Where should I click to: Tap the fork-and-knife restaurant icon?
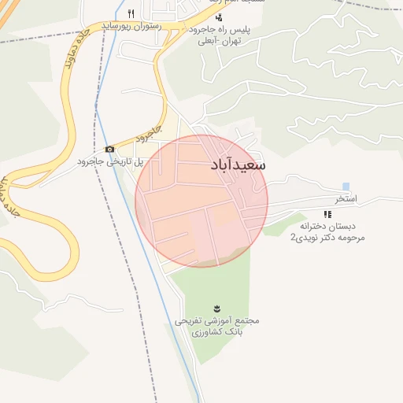[x=131, y=13]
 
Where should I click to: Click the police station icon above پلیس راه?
[x=219, y=17]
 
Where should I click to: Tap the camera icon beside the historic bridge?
[x=109, y=150]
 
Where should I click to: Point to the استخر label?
[x=346, y=199]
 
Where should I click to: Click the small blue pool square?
[x=346, y=186]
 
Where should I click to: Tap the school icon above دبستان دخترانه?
[x=327, y=214]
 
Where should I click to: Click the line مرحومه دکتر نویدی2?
[x=328, y=237]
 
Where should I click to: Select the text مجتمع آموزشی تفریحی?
[x=216, y=321]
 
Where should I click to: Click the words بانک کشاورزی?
[x=216, y=333]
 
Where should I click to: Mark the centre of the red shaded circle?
[x=201, y=201]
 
